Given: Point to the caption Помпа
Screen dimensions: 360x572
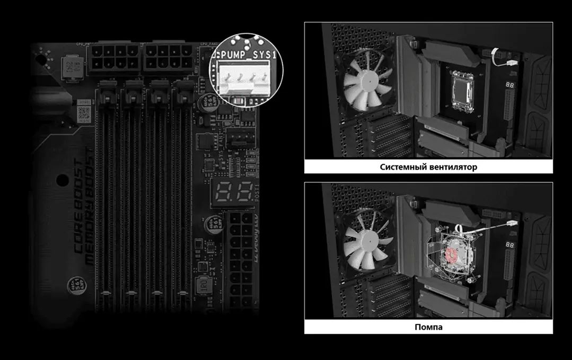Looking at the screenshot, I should (428, 327).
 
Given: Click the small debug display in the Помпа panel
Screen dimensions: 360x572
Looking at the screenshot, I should (511, 245).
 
